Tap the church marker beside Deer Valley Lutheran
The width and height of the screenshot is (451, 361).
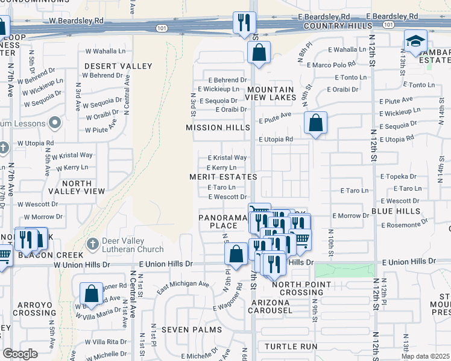[x=92, y=244]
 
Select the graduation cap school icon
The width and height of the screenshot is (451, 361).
[x=415, y=42]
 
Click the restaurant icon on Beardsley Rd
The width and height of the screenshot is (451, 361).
[x=244, y=23]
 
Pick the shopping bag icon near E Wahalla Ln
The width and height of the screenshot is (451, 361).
[x=259, y=53]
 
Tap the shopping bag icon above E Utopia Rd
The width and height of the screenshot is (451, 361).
[x=315, y=123]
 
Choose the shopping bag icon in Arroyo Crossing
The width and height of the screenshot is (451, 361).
[x=91, y=294]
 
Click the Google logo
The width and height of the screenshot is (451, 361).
[x=20, y=354]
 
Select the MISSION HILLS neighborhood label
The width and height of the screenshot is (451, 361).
[x=218, y=128]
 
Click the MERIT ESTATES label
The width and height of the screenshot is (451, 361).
[x=223, y=177]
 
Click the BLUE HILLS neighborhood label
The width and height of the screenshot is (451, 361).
[x=396, y=211]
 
